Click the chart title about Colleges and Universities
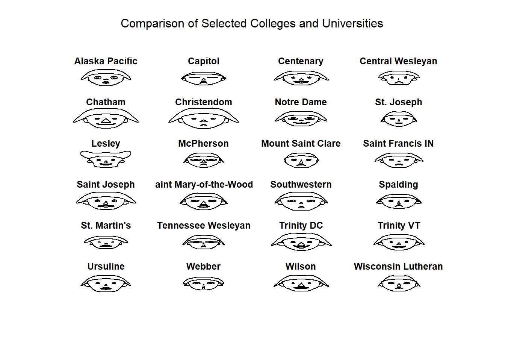(x=252, y=23)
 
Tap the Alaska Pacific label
(x=106, y=61)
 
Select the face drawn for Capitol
(x=204, y=78)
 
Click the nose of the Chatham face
(x=106, y=121)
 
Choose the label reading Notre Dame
(x=301, y=102)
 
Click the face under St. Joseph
(x=399, y=119)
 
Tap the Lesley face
(x=106, y=159)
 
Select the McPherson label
(x=203, y=144)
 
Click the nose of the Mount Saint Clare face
(x=301, y=162)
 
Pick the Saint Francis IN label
(x=398, y=144)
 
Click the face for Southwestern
(x=301, y=201)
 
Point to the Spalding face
(x=399, y=201)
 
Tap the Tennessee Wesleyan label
(x=204, y=225)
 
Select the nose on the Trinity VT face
(x=399, y=244)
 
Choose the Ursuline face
(x=106, y=284)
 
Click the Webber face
(x=203, y=284)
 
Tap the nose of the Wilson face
(x=301, y=285)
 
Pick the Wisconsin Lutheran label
(x=398, y=267)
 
